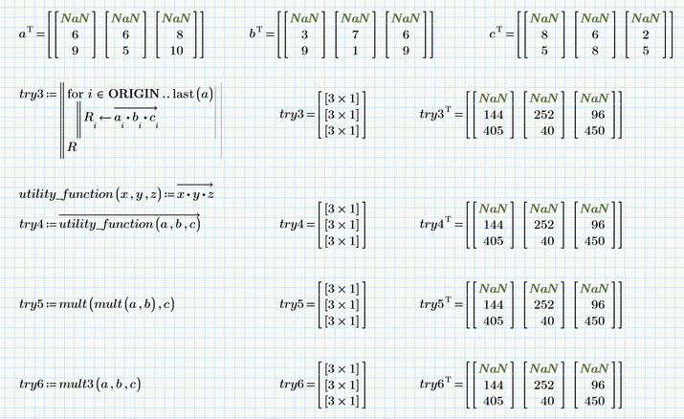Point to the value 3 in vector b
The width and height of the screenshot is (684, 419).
click(303, 34)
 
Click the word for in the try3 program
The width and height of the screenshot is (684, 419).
click(75, 94)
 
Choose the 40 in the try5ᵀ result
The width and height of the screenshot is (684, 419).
click(547, 320)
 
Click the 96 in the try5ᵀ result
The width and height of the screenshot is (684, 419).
click(598, 304)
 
